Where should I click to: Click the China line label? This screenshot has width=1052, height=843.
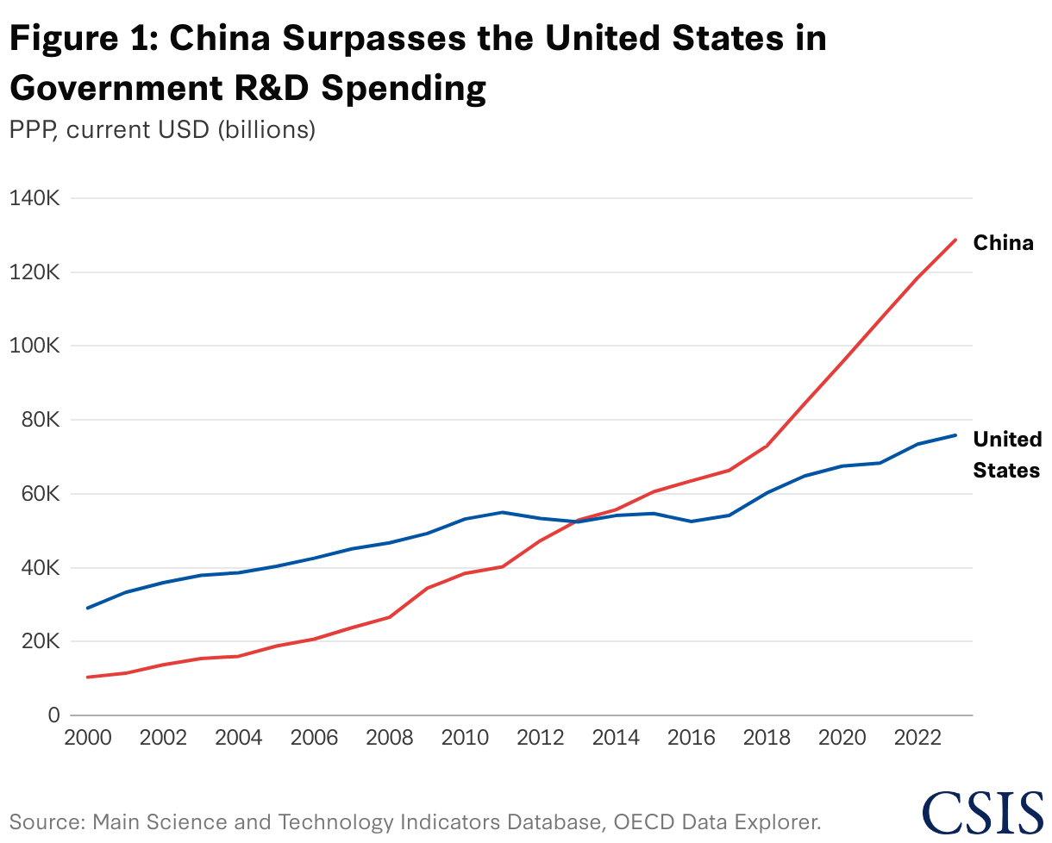tap(1003, 243)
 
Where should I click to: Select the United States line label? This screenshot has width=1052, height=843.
tap(1006, 455)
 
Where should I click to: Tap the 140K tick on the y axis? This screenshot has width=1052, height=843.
tap(34, 198)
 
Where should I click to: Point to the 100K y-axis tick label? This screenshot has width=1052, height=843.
tap(34, 347)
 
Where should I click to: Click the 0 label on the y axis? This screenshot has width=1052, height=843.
tap(53, 715)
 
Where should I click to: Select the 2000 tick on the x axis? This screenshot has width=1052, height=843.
tap(87, 740)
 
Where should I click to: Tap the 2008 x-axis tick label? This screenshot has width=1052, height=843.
tap(390, 740)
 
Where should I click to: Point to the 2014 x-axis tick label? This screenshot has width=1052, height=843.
tap(617, 740)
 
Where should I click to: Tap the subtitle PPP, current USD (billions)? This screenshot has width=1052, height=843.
tap(162, 130)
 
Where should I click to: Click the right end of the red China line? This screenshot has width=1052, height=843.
tap(955, 240)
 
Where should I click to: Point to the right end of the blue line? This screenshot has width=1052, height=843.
tap(955, 435)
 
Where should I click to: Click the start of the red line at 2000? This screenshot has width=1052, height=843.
tap(87, 677)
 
